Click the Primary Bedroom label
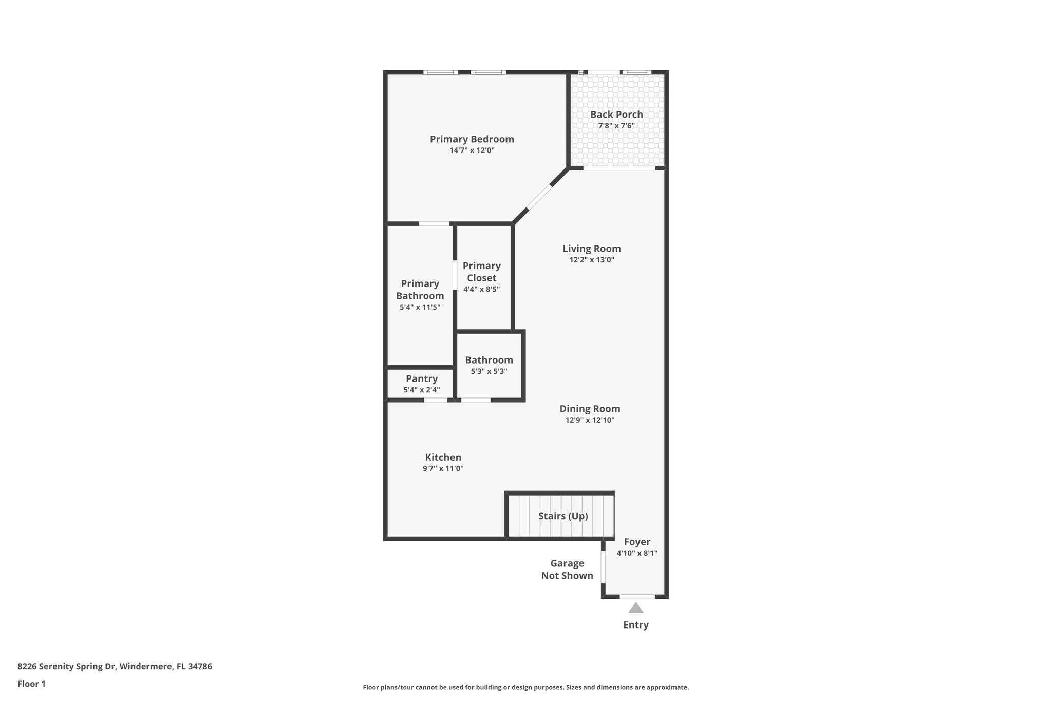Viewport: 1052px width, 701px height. tap(472, 139)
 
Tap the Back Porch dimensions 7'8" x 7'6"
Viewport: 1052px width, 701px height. tap(616, 126)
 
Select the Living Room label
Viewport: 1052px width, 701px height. tap(591, 249)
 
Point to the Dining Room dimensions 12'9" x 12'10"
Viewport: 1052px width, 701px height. tap(590, 420)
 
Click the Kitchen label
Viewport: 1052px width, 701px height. tap(443, 457)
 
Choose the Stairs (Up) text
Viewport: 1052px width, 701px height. tap(563, 516)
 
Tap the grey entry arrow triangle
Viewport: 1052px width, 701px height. tap(636, 608)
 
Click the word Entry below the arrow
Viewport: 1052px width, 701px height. tap(636, 625)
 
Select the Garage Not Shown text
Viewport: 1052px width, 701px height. tap(567, 570)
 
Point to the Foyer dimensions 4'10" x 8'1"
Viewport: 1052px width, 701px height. tap(637, 553)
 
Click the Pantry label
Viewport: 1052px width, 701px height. tap(422, 378)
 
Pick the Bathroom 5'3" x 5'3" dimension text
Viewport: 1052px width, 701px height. tap(489, 371)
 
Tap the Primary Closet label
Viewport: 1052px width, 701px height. tap(481, 272)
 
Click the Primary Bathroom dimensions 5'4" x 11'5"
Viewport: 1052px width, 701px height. tap(420, 307)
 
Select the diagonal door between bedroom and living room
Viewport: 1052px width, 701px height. tap(539, 197)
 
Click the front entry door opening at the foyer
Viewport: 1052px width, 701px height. tap(637, 597)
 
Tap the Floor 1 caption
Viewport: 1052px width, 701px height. tap(31, 684)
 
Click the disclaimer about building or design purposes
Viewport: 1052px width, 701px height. tap(525, 687)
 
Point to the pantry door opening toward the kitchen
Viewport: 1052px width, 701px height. tap(436, 400)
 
